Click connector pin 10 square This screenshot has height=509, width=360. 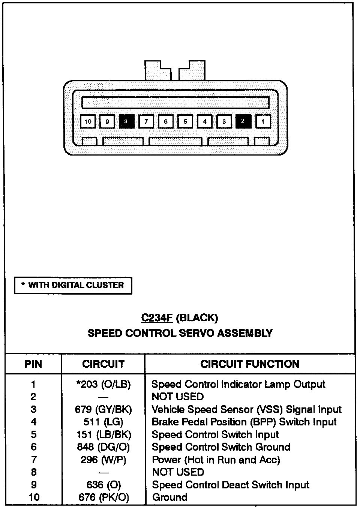(88, 121)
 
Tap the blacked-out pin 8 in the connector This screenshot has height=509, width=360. (126, 121)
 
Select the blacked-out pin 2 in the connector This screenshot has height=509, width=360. (243, 121)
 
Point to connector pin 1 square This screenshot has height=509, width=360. (263, 121)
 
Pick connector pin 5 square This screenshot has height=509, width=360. (185, 121)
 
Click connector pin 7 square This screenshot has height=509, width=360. (146, 121)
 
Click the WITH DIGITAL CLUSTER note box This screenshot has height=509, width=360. (73, 286)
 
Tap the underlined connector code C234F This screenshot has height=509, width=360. (157, 318)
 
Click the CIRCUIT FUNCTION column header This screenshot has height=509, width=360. (250, 364)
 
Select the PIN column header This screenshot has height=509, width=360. (33, 364)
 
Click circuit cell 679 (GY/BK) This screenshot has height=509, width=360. (103, 409)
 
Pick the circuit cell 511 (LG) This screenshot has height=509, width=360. (103, 422)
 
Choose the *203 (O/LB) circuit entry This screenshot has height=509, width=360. (103, 384)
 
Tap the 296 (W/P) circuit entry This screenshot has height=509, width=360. (103, 460)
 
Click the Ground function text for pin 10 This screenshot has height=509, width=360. (169, 497)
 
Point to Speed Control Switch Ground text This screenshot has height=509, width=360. (221, 447)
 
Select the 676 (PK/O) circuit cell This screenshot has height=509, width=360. (103, 497)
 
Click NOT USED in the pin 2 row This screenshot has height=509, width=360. (178, 397)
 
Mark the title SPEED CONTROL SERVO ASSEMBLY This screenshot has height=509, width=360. (180, 333)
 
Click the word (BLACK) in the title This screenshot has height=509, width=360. (197, 318)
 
